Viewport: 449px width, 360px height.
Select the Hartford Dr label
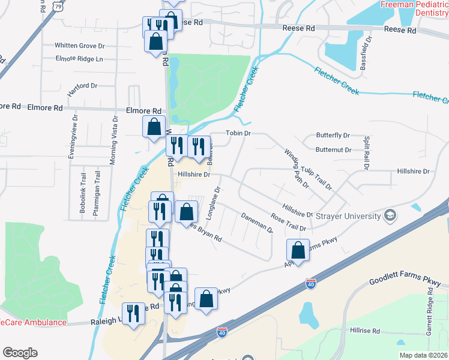[x=82, y=86]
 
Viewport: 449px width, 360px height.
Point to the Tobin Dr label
[x=238, y=133]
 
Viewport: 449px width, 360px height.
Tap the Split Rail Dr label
[x=366, y=149]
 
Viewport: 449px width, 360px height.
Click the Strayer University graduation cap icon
[x=390, y=215]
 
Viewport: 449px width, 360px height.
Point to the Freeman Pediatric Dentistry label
[x=415, y=8]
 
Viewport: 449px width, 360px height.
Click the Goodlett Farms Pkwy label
[x=405, y=281]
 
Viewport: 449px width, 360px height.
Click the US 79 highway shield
[x=58, y=6]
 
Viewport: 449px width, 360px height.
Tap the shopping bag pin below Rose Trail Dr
[x=298, y=251]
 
